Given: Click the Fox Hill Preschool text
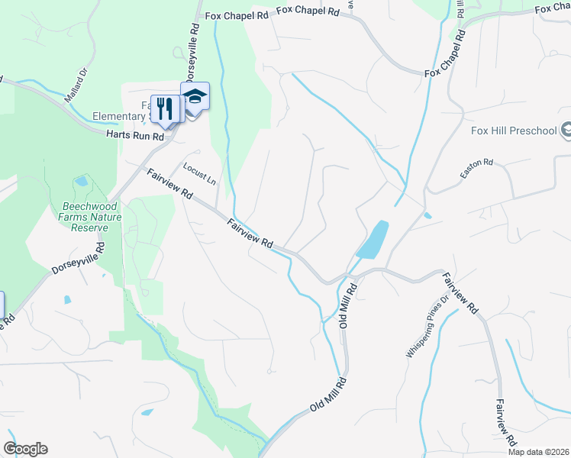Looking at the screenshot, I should pyautogui.click(x=513, y=131).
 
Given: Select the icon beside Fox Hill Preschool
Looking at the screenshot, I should pyautogui.click(x=566, y=130).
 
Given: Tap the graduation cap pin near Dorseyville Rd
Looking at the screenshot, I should pyautogui.click(x=195, y=97).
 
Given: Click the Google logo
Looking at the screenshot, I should pyautogui.click(x=25, y=449).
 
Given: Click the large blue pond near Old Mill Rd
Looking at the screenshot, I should pyautogui.click(x=373, y=240).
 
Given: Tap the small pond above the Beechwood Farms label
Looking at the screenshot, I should pyautogui.click(x=81, y=182).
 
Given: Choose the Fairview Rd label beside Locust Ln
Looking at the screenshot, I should pyautogui.click(x=170, y=185).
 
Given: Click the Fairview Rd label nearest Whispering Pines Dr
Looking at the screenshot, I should pyautogui.click(x=460, y=295).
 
